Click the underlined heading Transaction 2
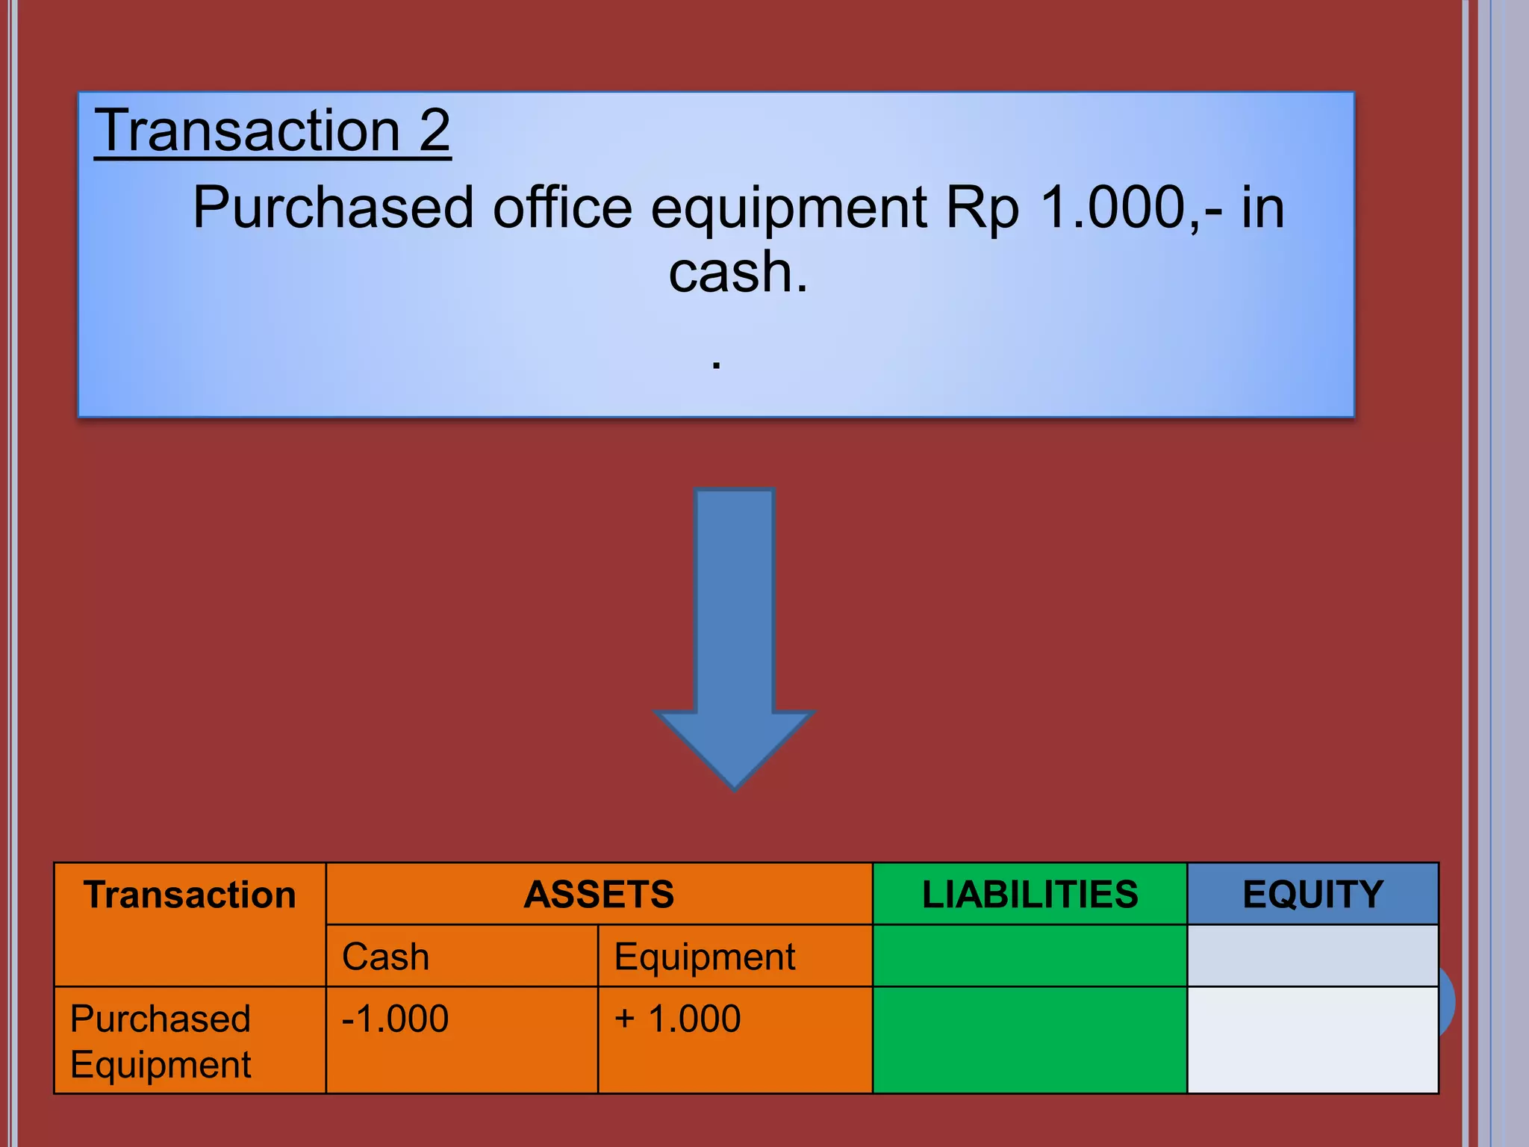[x=273, y=131]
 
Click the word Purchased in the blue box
[x=333, y=208]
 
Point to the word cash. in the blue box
[x=738, y=272]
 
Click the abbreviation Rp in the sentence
[x=983, y=209]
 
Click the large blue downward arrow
[x=735, y=635]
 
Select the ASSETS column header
[x=599, y=895]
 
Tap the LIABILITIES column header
[x=1030, y=895]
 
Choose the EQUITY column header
[x=1312, y=895]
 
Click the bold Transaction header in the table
[x=190, y=895]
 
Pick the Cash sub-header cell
[x=386, y=957]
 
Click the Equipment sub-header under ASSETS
[x=705, y=957]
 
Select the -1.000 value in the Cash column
[x=395, y=1019]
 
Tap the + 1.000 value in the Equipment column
[x=677, y=1019]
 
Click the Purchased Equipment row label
[x=161, y=1041]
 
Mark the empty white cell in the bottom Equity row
[x=1312, y=1040]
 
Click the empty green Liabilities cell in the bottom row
[x=1030, y=1040]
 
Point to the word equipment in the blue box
[x=788, y=209]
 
